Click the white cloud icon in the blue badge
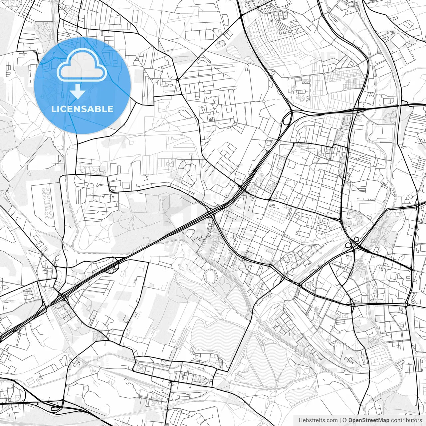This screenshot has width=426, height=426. (x=82, y=65)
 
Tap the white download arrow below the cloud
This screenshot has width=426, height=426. (x=78, y=92)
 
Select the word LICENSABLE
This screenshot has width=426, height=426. (x=82, y=109)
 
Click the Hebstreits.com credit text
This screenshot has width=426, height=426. (x=318, y=420)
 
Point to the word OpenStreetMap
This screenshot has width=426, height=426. (x=368, y=420)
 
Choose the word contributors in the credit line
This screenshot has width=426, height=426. (x=406, y=420)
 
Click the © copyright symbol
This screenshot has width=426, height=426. (x=345, y=420)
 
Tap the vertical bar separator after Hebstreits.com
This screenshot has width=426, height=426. (x=340, y=420)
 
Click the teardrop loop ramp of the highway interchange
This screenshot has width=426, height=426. (x=287, y=118)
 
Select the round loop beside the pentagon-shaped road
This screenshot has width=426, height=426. (x=348, y=246)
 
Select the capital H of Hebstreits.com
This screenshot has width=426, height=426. (x=301, y=420)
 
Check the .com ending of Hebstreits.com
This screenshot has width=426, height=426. (x=331, y=420)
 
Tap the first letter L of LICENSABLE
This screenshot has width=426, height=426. (x=53, y=109)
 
